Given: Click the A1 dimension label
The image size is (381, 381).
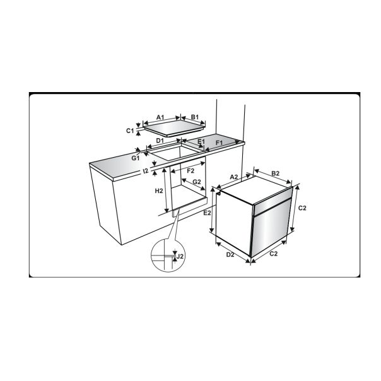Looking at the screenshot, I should (x=160, y=117).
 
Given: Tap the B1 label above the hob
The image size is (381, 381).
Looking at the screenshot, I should (x=195, y=117).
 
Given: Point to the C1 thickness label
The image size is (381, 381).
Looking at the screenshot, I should (x=130, y=131).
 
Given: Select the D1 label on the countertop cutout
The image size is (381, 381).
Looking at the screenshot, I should (x=160, y=141).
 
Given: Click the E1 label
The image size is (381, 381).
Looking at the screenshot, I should (x=201, y=142).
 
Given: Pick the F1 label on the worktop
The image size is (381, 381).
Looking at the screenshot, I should (x=220, y=144).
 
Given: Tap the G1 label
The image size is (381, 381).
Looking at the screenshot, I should (x=136, y=158).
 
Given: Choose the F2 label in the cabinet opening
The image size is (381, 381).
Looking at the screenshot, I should (x=190, y=170).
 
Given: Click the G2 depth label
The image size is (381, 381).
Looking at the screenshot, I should (x=197, y=182).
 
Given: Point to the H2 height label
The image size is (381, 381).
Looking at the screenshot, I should (x=159, y=190).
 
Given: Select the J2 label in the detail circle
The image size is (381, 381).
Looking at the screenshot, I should (x=180, y=256).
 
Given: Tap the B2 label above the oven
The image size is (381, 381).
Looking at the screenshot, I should (x=276, y=173).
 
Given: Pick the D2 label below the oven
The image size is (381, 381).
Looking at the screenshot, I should (x=230, y=255).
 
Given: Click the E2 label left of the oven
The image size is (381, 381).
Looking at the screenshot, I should (x=207, y=214).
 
